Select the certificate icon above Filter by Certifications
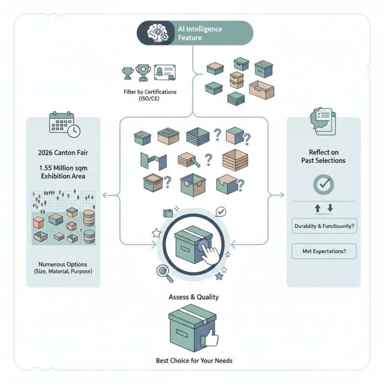click(165, 73)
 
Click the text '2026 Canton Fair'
click(62, 154)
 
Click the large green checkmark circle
click(324, 184)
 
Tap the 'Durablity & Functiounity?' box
click(324, 226)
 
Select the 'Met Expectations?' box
click(324, 251)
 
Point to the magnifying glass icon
click(164, 272)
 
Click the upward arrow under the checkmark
click(317, 209)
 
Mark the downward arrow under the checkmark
click(330, 209)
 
